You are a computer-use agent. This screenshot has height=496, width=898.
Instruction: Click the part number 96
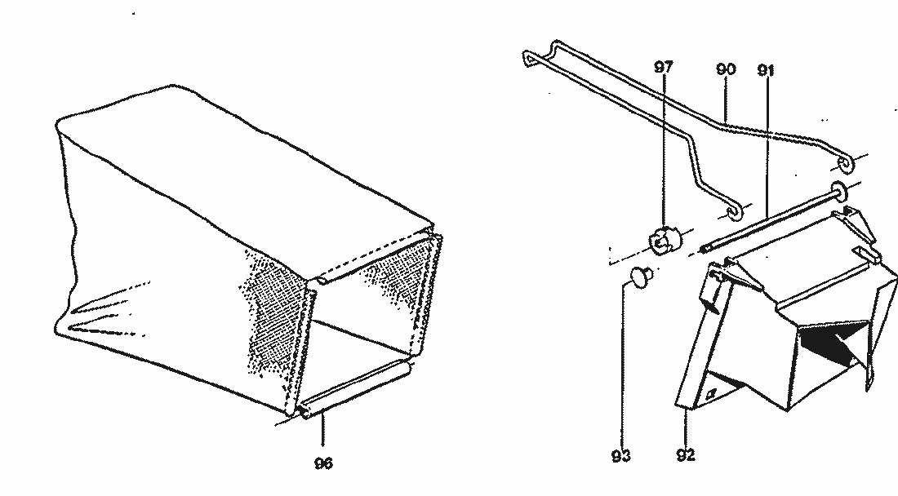(x=323, y=463)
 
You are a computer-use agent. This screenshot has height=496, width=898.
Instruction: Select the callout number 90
(x=726, y=69)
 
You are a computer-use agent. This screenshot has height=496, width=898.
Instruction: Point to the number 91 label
(x=766, y=70)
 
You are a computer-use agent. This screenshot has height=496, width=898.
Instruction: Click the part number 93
(x=620, y=455)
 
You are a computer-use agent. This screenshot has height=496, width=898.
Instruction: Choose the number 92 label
(x=686, y=455)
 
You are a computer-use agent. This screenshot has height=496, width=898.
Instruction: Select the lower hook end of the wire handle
(x=732, y=213)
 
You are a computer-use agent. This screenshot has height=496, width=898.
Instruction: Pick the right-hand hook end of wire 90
(x=843, y=163)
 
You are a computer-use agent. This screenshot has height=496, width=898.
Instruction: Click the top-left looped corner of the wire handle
(x=530, y=57)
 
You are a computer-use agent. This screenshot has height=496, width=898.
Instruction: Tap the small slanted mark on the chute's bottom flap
(x=713, y=394)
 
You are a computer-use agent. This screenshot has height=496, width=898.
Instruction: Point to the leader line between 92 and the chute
(x=686, y=427)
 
